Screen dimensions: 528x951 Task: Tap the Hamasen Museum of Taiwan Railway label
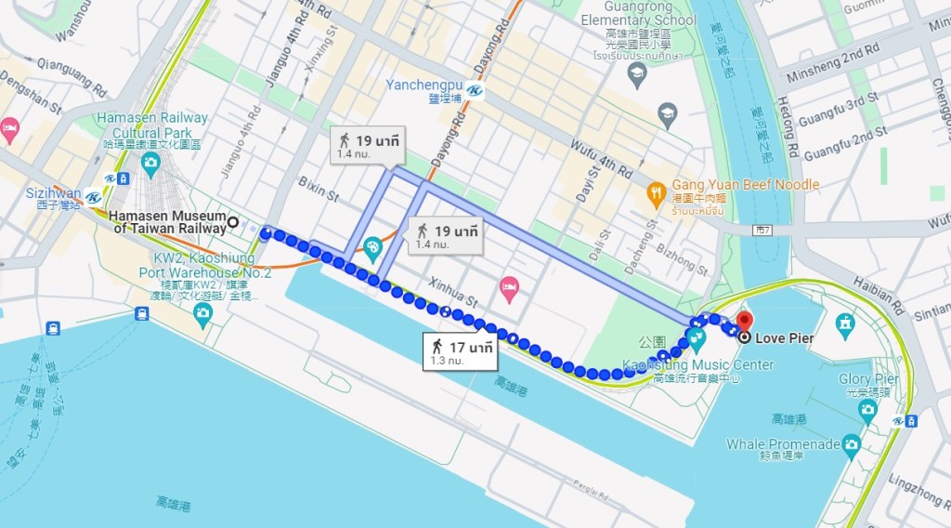pyautogui.click(x=167, y=222)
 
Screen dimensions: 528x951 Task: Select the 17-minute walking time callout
pyautogui.click(x=461, y=352)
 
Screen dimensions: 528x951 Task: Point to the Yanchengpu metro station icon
pyautogui.click(x=475, y=91)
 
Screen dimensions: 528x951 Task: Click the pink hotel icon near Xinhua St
pyautogui.click(x=508, y=284)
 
